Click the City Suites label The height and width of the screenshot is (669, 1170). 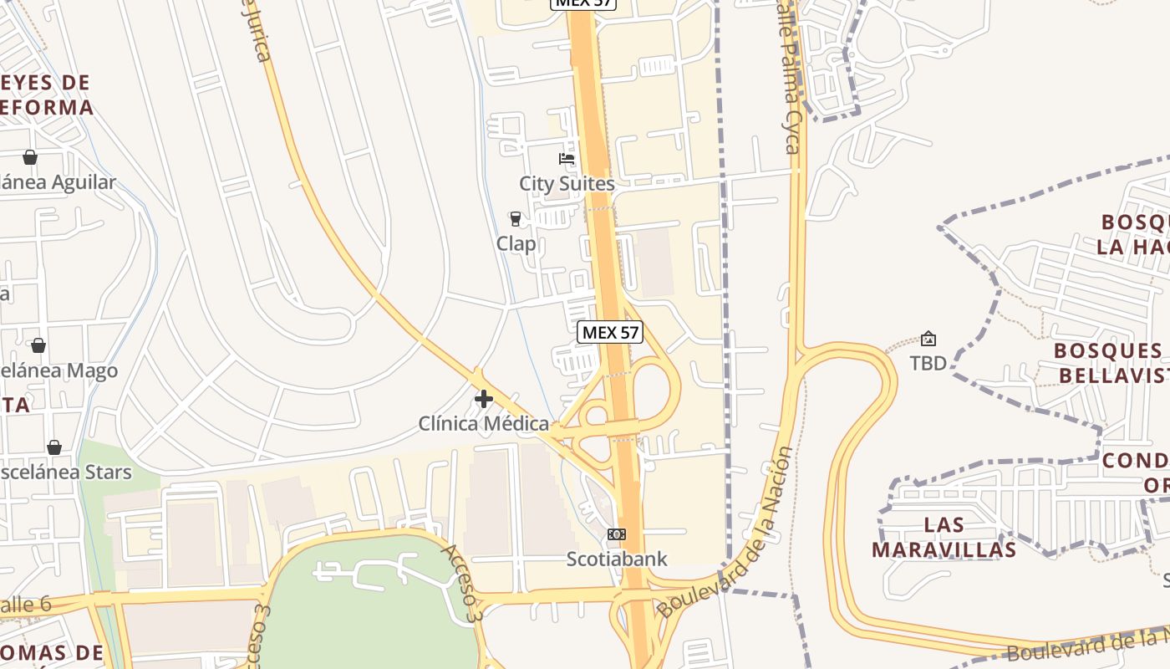[x=567, y=184]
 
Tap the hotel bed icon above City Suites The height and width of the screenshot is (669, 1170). [x=567, y=159]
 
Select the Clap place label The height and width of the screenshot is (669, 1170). [x=516, y=243]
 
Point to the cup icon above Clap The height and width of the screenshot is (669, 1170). [x=516, y=219]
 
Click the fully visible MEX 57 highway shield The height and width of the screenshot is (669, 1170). [x=610, y=332]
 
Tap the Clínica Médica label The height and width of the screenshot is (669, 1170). [x=484, y=424]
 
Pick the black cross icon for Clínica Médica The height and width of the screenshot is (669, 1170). [x=483, y=399]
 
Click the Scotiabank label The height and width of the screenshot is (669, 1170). [x=617, y=559]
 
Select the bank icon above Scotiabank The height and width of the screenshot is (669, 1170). [x=617, y=534]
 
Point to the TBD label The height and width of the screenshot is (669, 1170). [x=928, y=363]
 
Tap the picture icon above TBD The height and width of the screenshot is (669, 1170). [x=928, y=339]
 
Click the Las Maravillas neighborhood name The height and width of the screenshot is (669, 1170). [x=944, y=537]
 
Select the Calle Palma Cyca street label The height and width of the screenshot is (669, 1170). [x=790, y=84]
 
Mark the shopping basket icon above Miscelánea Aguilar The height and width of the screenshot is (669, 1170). [x=30, y=157]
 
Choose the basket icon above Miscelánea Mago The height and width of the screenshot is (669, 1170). [x=38, y=345]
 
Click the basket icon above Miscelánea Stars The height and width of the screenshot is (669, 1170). [x=54, y=447]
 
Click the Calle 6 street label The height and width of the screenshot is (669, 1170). [x=25, y=604]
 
